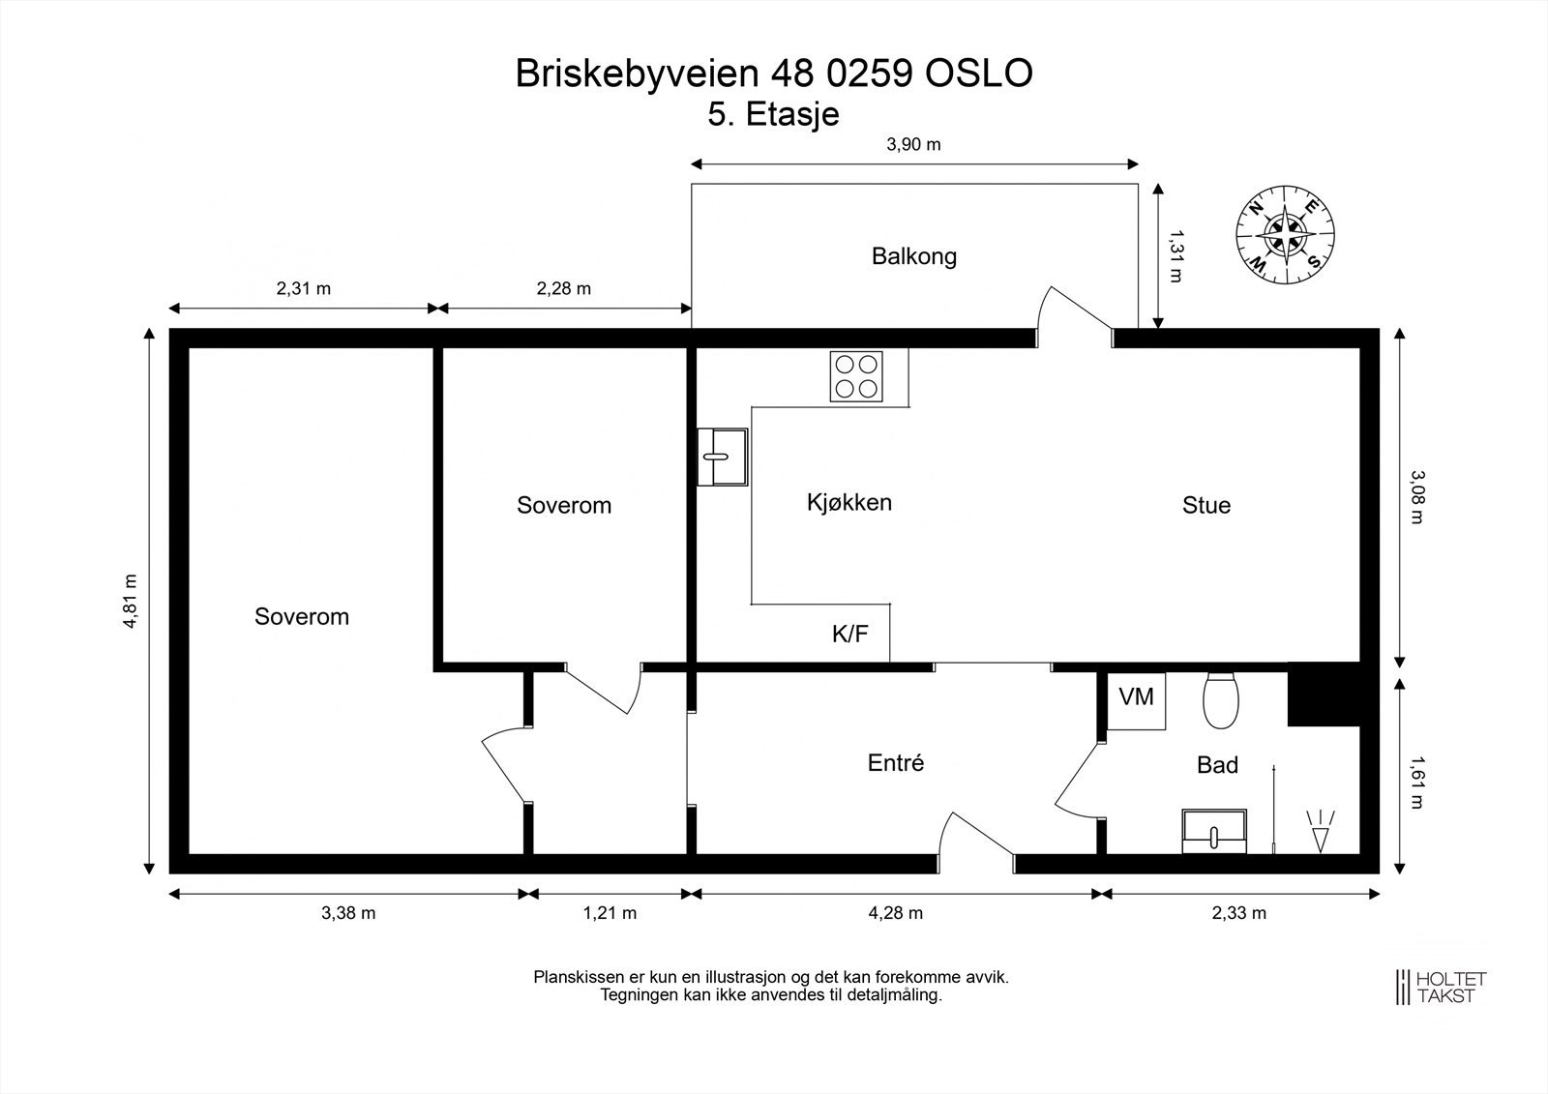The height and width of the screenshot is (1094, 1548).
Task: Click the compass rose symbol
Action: coord(1285,235)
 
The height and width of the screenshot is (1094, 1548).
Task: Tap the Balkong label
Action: coord(913,256)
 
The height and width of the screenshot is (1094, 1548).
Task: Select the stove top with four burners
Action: coord(856,376)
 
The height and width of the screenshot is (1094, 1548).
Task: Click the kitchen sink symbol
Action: coord(722,457)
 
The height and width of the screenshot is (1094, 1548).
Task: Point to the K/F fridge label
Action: coord(849,634)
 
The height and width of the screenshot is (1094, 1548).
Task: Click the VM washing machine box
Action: coord(1136,700)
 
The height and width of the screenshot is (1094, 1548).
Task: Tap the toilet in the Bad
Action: coord(1220,700)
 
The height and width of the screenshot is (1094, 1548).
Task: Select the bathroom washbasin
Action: coord(1214,832)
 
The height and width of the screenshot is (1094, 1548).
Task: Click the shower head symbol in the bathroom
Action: coord(1320,832)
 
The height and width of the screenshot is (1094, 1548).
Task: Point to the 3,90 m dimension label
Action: coord(913,144)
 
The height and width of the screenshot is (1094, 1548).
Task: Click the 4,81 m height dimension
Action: coord(130,601)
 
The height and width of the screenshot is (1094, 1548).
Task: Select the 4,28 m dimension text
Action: coord(895,913)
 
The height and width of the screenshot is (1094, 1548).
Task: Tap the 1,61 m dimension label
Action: coord(1417,783)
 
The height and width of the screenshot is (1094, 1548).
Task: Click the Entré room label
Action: coord(896,763)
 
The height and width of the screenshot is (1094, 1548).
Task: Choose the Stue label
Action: coord(1206,505)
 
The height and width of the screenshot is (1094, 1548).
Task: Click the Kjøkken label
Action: coord(849,502)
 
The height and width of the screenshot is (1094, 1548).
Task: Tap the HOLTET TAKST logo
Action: coord(1441,988)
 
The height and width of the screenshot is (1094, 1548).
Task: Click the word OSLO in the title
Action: coord(978,74)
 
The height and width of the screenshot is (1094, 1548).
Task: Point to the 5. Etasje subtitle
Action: coord(773,115)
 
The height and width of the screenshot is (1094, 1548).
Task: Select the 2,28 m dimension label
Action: coord(564,289)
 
